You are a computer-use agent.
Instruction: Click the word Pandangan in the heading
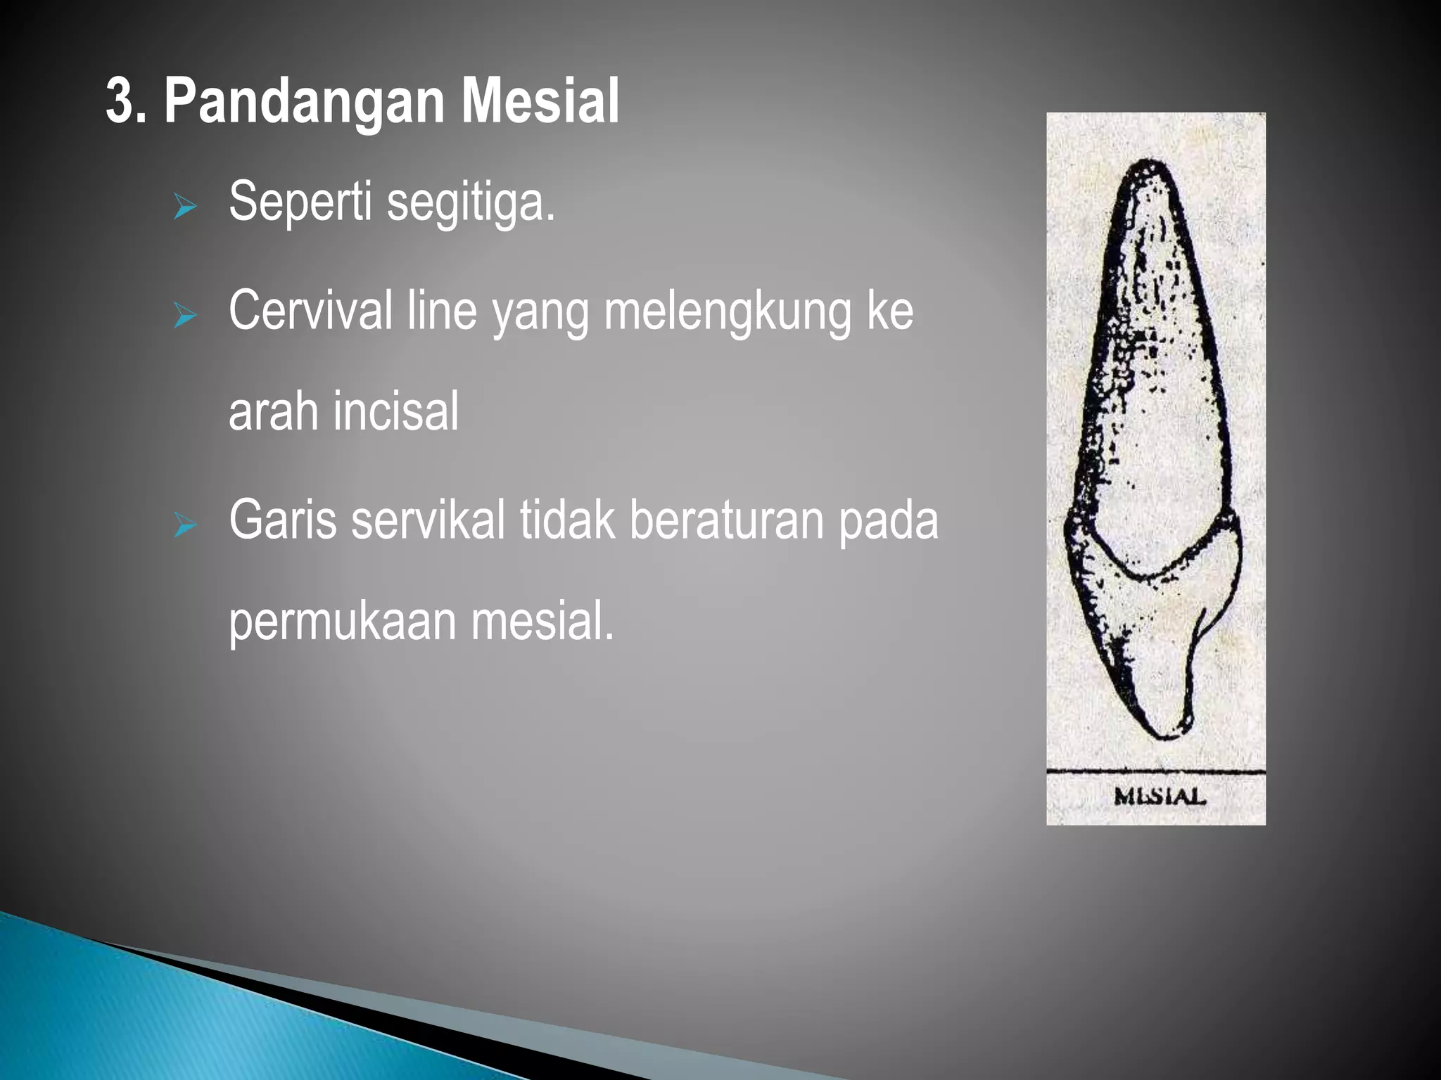(x=304, y=102)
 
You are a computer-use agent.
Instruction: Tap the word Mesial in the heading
(x=540, y=102)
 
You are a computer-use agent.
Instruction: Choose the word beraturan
(x=725, y=520)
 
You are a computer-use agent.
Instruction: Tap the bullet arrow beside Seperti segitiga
(x=185, y=207)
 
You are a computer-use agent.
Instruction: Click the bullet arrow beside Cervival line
(x=185, y=316)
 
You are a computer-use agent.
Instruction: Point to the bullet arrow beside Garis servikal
(x=185, y=525)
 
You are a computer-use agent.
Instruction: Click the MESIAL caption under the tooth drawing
(x=1160, y=797)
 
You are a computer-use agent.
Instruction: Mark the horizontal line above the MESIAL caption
(x=1155, y=772)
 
